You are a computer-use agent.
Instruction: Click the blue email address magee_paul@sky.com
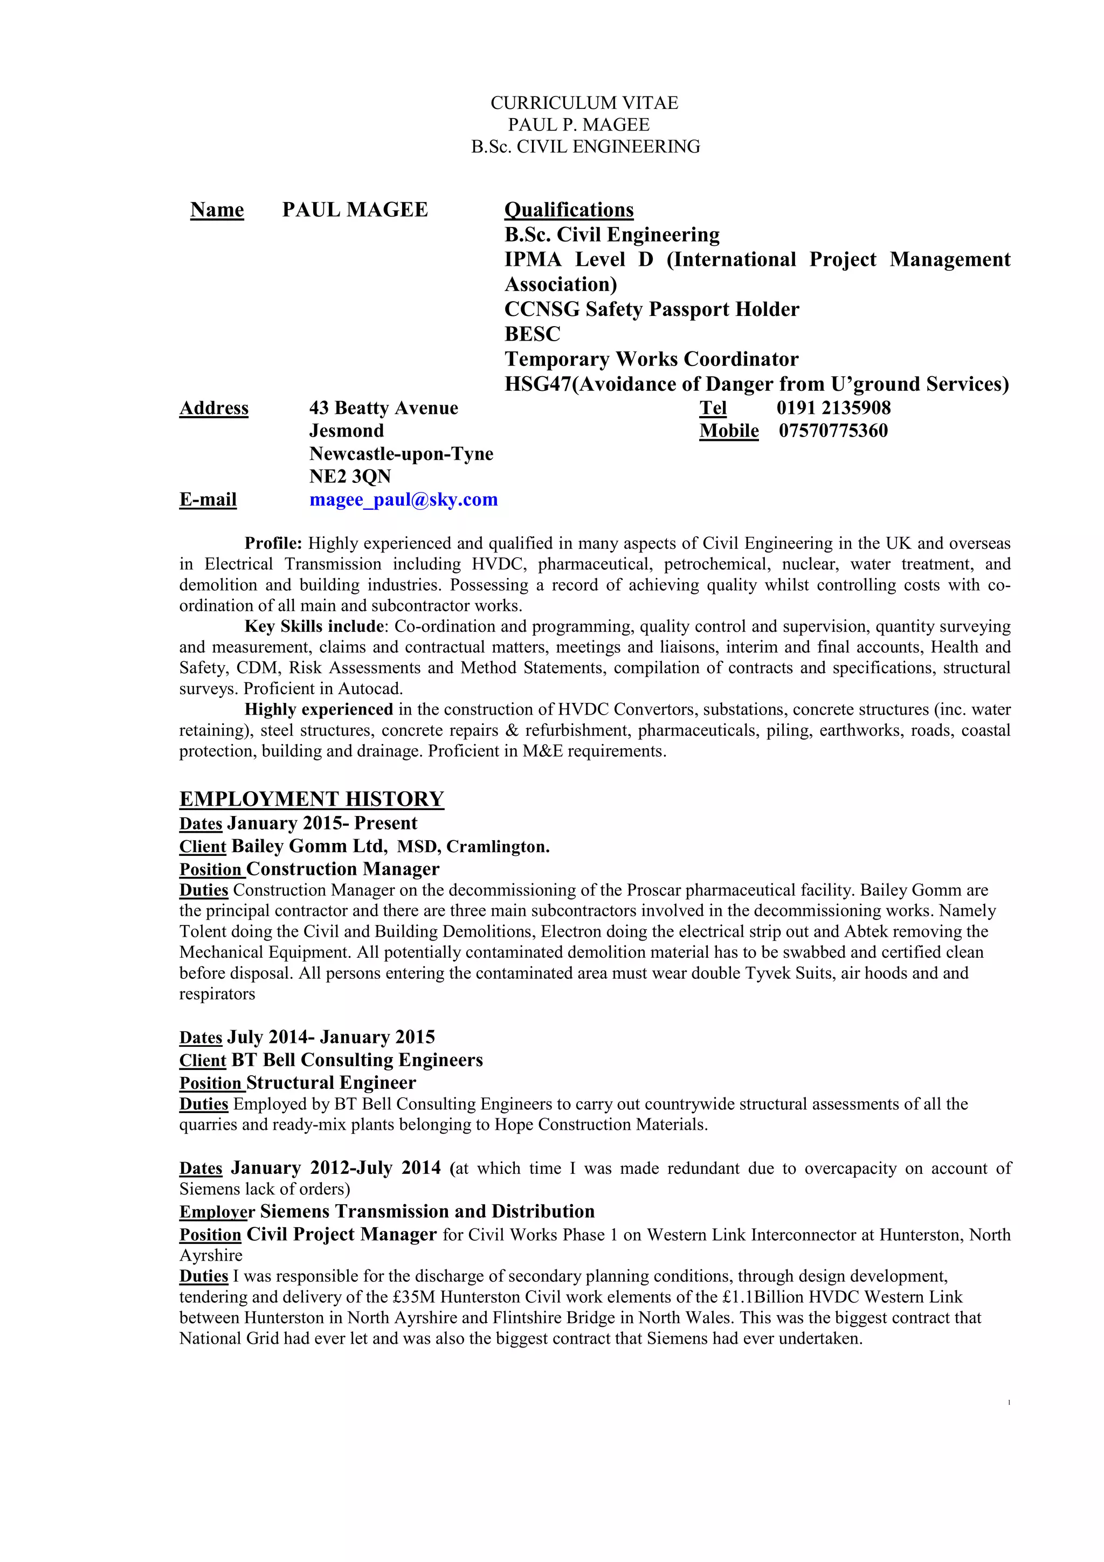click(x=403, y=500)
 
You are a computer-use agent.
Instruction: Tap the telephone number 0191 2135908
click(x=833, y=408)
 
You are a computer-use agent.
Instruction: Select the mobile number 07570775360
click(x=833, y=431)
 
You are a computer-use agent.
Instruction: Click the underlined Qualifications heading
click(x=569, y=210)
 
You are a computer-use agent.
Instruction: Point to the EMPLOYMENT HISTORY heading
click(x=312, y=799)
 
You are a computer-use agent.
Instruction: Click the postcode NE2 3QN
click(x=350, y=476)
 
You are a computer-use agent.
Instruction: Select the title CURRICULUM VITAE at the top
click(x=584, y=103)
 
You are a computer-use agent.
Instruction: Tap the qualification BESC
click(x=533, y=334)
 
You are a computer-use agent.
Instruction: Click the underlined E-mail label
click(x=208, y=500)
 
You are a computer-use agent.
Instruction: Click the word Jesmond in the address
click(x=346, y=431)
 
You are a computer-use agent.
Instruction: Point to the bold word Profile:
click(x=273, y=543)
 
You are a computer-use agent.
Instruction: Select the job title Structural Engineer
click(x=330, y=1082)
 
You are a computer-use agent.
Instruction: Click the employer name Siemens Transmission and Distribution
click(x=427, y=1212)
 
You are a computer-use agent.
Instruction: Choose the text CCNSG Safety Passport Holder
click(x=652, y=309)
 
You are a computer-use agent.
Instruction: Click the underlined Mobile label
click(x=728, y=431)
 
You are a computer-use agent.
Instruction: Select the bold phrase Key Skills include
click(x=314, y=626)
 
